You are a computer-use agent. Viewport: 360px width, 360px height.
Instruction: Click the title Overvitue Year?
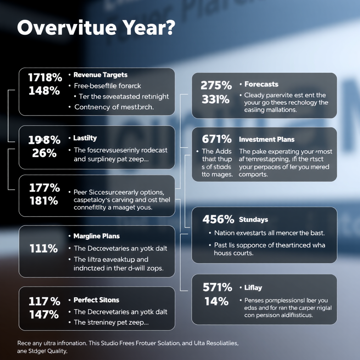(95, 28)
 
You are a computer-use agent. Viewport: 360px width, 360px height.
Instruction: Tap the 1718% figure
(45, 77)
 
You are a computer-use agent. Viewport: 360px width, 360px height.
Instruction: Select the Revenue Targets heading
(100, 75)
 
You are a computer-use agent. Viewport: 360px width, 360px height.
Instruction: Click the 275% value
(216, 85)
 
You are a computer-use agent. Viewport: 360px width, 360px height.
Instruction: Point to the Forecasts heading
(261, 84)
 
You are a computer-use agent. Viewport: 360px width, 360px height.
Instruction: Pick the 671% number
(217, 139)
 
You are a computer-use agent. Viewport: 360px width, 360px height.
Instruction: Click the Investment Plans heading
(266, 140)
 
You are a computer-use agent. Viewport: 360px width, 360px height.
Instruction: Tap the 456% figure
(218, 220)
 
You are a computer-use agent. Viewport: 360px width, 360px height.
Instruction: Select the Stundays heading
(253, 220)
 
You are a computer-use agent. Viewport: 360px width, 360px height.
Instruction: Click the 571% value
(218, 288)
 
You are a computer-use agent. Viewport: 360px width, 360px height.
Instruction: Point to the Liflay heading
(253, 288)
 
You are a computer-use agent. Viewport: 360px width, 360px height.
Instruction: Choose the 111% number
(44, 249)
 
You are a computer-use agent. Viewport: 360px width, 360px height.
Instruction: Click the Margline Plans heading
(96, 236)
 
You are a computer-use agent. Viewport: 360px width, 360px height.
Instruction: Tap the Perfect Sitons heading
(96, 300)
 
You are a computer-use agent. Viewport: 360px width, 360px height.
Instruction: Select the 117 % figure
(44, 301)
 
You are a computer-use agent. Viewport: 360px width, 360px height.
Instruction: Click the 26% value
(44, 153)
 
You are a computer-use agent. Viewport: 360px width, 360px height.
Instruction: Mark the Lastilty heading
(85, 138)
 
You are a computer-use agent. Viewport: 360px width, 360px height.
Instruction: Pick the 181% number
(44, 201)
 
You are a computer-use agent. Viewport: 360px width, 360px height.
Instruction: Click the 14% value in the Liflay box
(214, 301)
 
